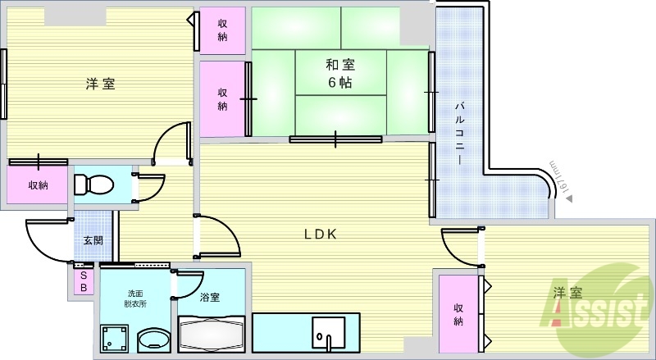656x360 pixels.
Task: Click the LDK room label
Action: [321, 234]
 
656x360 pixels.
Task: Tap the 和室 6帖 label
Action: [339, 72]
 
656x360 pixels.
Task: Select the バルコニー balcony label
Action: [460, 131]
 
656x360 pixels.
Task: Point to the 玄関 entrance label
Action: [92, 241]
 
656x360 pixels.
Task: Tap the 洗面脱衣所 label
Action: [136, 298]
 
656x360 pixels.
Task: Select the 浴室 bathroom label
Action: [210, 298]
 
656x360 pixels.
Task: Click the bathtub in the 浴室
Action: [212, 335]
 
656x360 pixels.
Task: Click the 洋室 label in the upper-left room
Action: [100, 84]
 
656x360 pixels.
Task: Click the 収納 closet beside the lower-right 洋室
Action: [459, 314]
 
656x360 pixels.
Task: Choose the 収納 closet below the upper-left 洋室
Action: [39, 185]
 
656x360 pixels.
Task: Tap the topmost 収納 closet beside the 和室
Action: [222, 31]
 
